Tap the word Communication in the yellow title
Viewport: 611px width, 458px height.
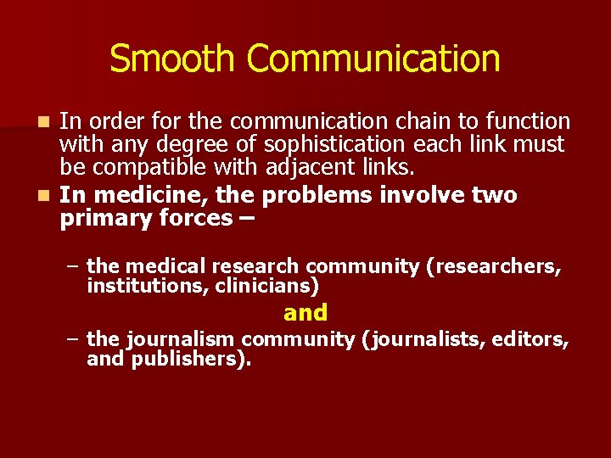373,59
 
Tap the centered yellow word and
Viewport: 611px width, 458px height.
305,313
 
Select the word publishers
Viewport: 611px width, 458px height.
191,359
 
